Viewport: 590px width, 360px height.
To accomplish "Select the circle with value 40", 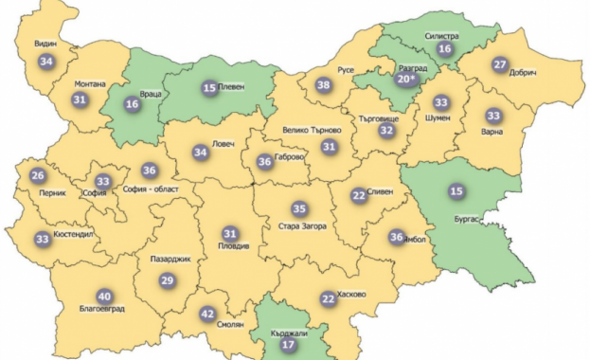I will click(104, 295).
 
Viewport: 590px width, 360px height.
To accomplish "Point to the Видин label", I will click(46, 45).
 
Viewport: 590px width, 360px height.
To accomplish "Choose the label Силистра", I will click(440, 36).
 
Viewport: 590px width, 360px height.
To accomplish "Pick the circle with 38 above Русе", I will click(324, 85).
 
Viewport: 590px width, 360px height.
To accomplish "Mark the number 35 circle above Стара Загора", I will click(299, 208).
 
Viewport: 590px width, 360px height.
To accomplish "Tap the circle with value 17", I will click(288, 346).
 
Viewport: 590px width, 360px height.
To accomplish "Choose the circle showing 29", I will click(167, 279).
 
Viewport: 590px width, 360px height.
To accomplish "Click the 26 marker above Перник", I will click(38, 175).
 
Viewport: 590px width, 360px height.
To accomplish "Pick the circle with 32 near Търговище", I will click(385, 132).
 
